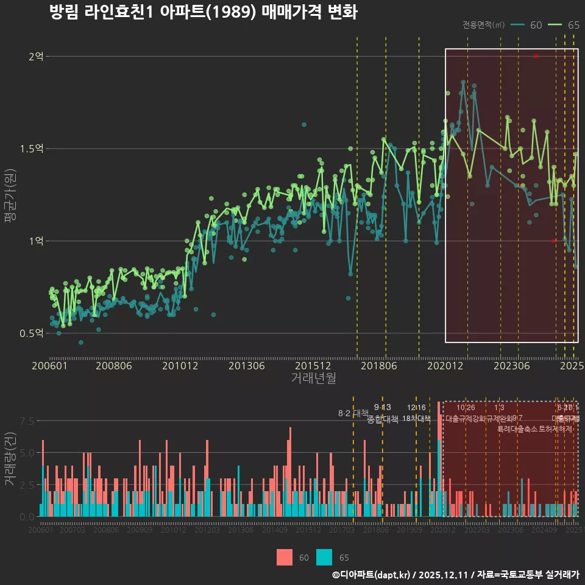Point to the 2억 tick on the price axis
[35, 57]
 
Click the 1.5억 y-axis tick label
[32, 149]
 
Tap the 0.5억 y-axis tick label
[32, 333]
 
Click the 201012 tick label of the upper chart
[181, 366]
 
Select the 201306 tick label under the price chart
[247, 366]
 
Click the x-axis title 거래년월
[313, 378]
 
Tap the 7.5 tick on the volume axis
[27, 421]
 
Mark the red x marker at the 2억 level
[536, 56]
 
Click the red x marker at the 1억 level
[553, 241]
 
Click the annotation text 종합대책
[383, 419]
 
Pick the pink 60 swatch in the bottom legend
[285, 558]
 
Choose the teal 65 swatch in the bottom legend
[325, 558]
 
